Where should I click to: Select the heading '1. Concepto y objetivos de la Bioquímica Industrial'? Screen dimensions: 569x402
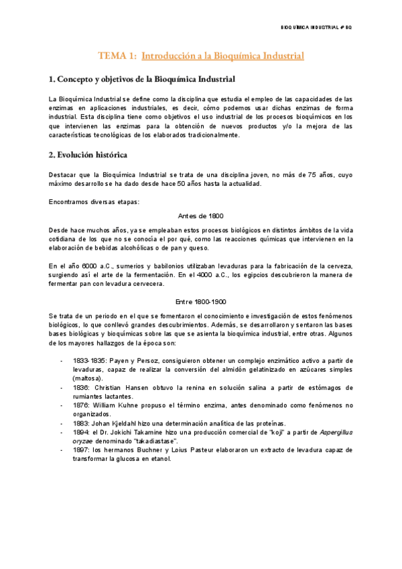tap(142, 80)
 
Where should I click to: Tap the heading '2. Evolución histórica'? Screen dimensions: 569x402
tap(88, 155)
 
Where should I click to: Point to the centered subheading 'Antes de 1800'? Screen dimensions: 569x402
tap(201, 215)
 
